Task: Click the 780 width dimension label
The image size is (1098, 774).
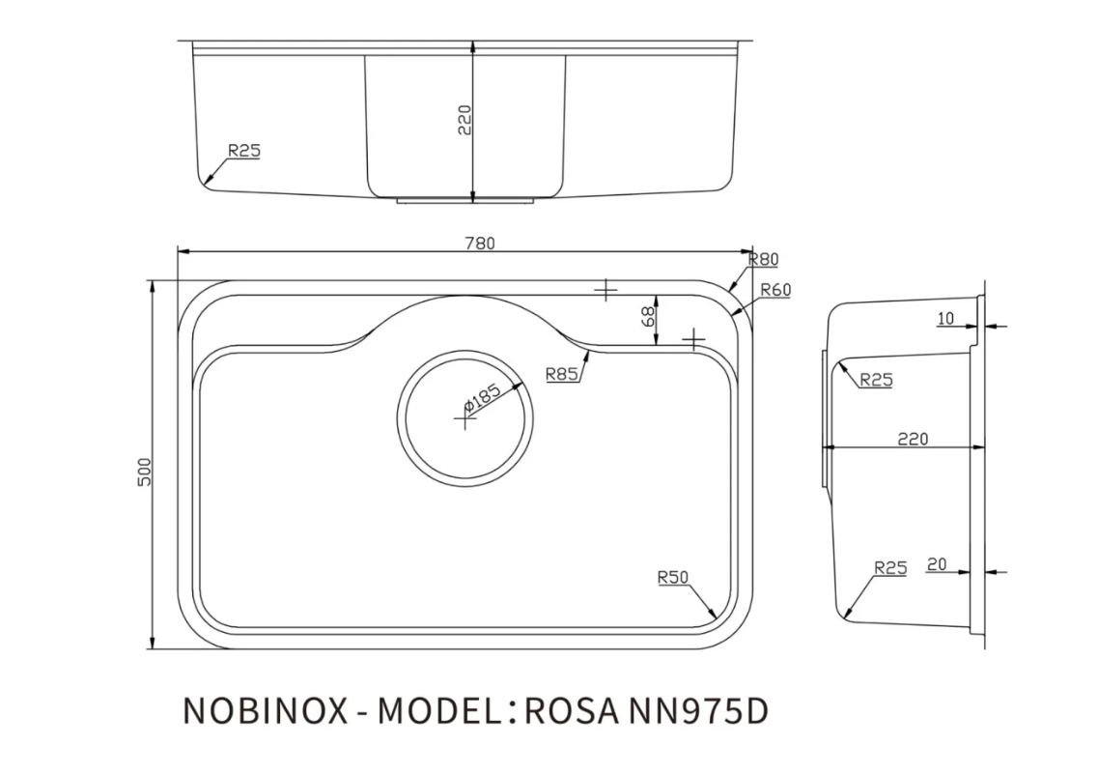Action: pos(480,244)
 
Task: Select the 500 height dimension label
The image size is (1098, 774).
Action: pos(145,472)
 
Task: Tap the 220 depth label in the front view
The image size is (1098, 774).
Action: pos(464,119)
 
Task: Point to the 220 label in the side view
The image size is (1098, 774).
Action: pos(912,439)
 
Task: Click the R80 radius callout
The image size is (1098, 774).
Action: pos(763,259)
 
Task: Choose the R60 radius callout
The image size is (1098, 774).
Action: pos(774,290)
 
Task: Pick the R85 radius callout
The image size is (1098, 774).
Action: pos(561,374)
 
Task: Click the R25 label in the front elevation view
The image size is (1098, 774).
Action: pos(244,151)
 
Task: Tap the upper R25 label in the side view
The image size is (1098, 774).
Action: pos(876,380)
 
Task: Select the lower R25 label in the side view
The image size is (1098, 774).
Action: pos(889,568)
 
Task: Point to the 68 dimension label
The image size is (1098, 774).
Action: pos(649,315)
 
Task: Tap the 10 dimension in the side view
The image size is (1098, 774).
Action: pos(944,318)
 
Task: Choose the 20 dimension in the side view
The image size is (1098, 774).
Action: pos(936,563)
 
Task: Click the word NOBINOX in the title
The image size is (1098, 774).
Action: pos(265,710)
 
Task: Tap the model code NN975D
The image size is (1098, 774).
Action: pos(698,710)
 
